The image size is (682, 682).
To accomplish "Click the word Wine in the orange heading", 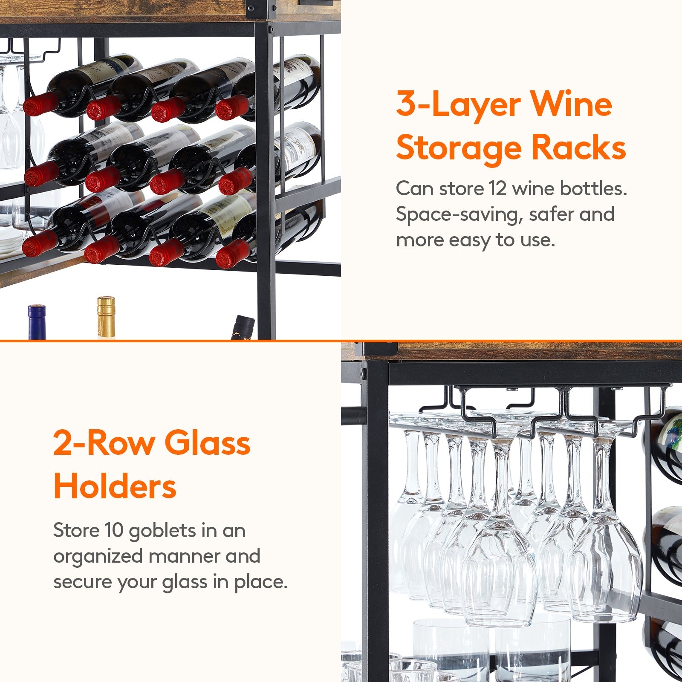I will [571, 104].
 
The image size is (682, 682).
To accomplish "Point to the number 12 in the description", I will [497, 188].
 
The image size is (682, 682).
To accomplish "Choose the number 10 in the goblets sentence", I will [114, 531].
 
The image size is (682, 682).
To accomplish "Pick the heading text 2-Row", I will [104, 443].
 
